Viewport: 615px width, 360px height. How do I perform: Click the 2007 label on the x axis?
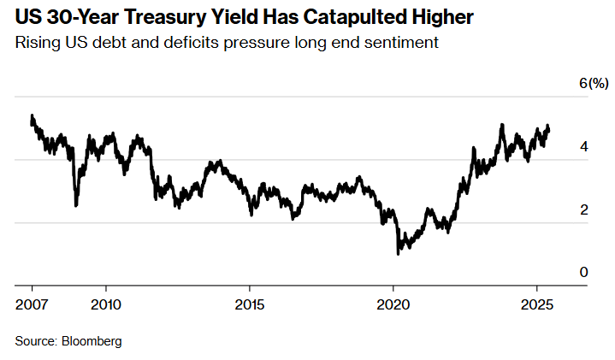(x=31, y=305)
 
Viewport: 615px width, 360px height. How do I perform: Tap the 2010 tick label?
(x=105, y=305)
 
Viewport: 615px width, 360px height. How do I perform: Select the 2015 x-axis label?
(x=249, y=305)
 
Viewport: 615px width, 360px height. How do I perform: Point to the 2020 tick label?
(x=393, y=305)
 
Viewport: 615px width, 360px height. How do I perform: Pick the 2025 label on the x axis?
(x=536, y=305)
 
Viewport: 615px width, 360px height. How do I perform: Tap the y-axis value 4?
(x=583, y=147)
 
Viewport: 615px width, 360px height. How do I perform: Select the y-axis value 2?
(x=583, y=210)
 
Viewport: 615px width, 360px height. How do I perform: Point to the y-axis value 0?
(x=583, y=273)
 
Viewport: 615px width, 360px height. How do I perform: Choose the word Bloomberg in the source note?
(x=92, y=341)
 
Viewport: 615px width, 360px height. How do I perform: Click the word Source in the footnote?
(x=35, y=341)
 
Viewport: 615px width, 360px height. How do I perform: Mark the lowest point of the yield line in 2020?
(x=398, y=253)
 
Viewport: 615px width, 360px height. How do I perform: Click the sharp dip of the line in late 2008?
(x=76, y=204)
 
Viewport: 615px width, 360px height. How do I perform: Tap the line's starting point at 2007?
(x=32, y=117)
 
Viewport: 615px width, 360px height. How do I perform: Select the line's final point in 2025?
(x=547, y=130)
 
